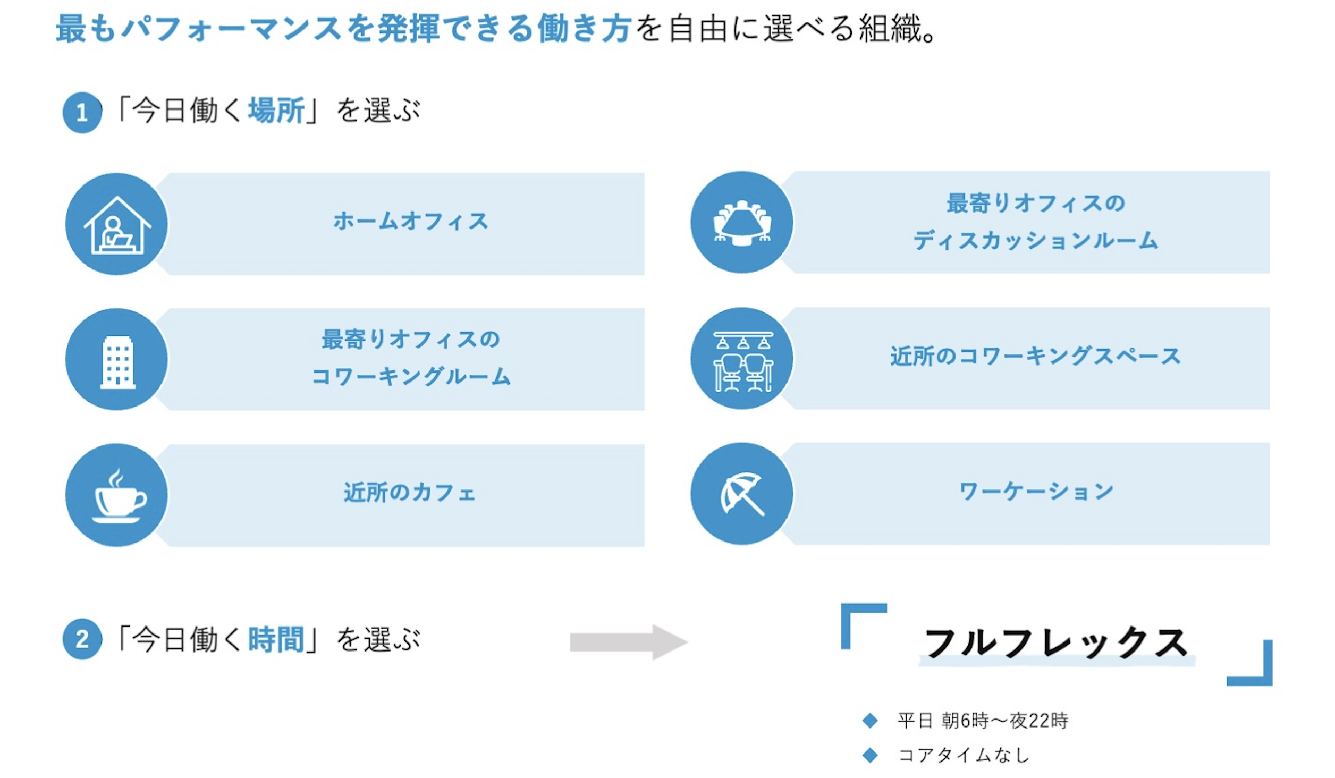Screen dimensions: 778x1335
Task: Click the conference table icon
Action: (742, 223)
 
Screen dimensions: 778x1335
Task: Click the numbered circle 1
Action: (82, 113)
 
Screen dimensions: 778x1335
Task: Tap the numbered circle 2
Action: (82, 639)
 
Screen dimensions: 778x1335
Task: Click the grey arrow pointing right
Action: (628, 642)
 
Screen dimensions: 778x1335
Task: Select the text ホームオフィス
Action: (410, 221)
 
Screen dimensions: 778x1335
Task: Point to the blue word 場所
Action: (276, 111)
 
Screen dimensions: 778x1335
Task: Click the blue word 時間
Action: (276, 639)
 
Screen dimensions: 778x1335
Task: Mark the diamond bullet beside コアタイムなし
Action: (870, 755)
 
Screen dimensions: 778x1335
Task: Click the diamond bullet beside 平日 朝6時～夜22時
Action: (870, 721)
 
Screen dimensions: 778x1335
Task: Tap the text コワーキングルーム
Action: (410, 377)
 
